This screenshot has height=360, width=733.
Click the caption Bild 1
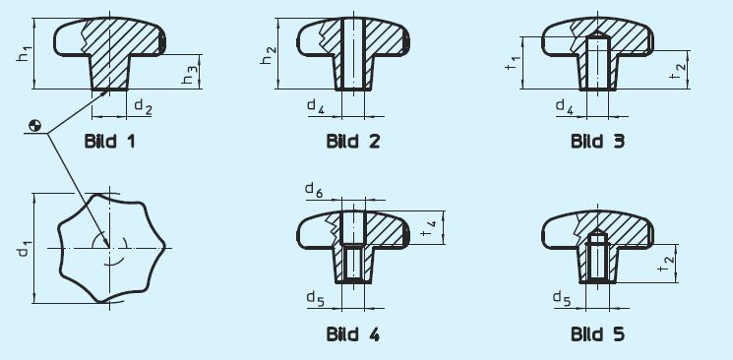coord(110,141)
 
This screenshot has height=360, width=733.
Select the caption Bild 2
coord(353,141)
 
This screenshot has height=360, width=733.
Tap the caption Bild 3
coord(597,141)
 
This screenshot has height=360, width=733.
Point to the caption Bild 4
coord(353,334)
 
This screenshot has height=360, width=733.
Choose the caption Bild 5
coord(597,334)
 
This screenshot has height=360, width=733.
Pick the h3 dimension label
coord(190,76)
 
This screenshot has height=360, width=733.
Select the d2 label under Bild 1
coord(143,106)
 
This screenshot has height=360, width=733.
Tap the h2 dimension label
coord(268,55)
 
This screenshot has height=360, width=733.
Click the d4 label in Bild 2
coord(316,106)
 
